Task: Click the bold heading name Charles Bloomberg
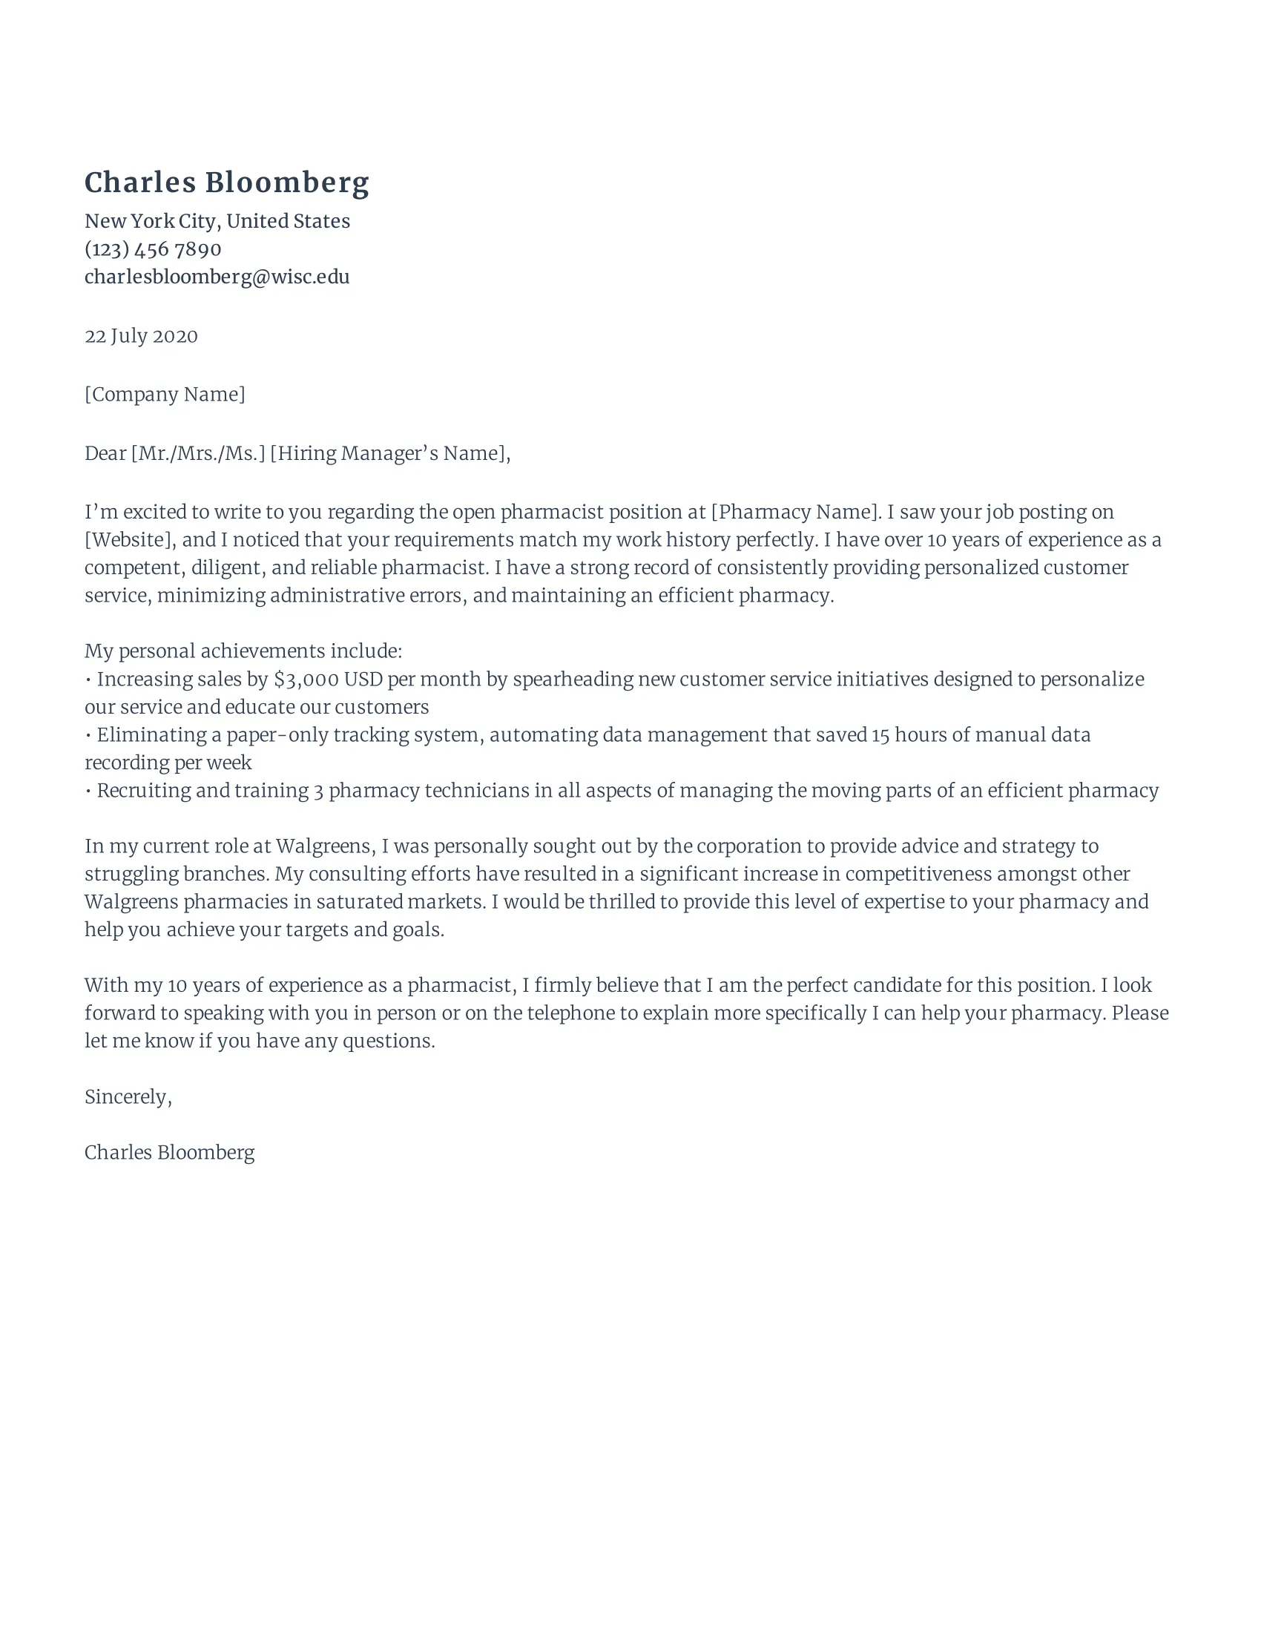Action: tap(226, 183)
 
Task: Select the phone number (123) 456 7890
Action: tap(153, 249)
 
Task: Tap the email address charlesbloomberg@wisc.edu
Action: tap(217, 277)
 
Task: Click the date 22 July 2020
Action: tap(141, 336)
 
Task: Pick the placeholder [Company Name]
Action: tap(165, 395)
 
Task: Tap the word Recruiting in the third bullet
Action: tap(143, 791)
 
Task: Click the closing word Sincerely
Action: tap(126, 1097)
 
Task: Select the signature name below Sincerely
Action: tap(170, 1152)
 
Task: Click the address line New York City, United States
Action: tap(217, 221)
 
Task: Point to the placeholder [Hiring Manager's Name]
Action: tap(389, 453)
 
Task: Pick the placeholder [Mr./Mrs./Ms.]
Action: tap(198, 453)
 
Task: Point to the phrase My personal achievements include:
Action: tap(243, 651)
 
